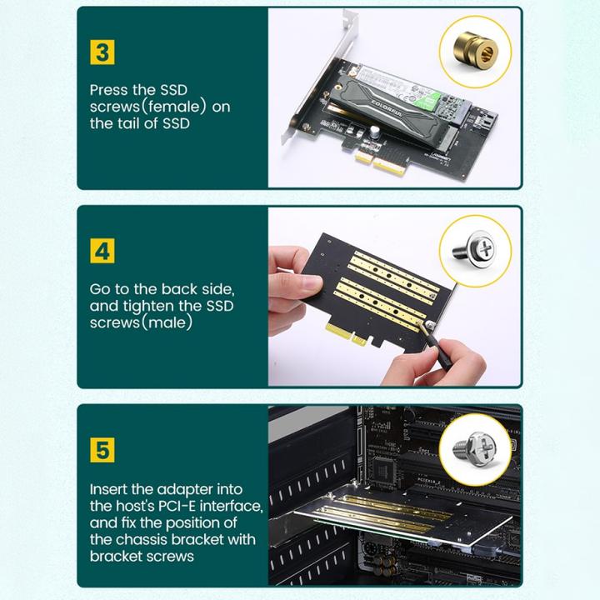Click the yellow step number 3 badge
pyautogui.click(x=102, y=52)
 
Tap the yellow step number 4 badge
pyautogui.click(x=102, y=250)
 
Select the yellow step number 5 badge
pyautogui.click(x=102, y=451)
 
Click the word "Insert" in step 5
pyautogui.click(x=110, y=489)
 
